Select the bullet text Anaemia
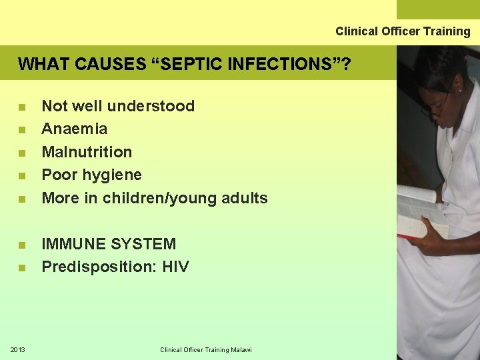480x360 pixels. tap(74, 129)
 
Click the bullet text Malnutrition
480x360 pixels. tap(87, 152)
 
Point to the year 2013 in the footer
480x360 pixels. tap(18, 349)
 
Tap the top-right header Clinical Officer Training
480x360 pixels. tap(403, 31)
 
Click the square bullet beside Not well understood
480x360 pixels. tap(23, 107)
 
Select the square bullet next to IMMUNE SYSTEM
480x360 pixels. tap(23, 245)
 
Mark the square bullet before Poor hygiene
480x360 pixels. tap(23, 176)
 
